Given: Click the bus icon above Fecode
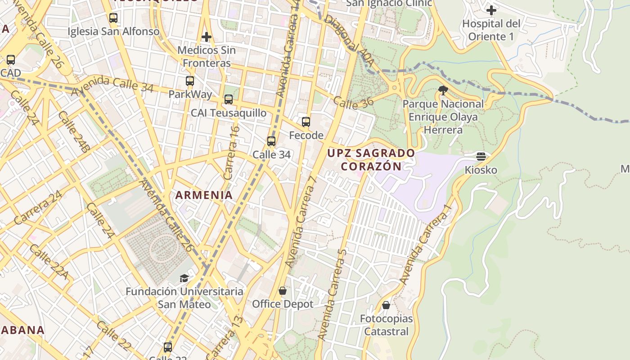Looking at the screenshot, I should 306,121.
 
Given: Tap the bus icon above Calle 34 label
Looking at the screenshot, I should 271,141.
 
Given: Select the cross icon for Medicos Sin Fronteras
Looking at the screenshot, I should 207,36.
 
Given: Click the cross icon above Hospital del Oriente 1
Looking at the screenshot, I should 491,9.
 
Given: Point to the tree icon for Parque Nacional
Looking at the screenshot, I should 443,90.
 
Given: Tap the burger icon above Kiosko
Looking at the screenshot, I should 481,157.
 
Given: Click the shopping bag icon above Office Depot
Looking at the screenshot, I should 283,291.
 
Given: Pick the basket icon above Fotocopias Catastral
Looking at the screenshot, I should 386,305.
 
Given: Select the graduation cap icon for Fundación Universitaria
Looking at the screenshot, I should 184,278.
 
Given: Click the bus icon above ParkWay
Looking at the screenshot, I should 190,81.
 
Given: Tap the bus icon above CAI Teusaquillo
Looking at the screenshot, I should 229,99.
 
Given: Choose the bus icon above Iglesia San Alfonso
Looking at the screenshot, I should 113,18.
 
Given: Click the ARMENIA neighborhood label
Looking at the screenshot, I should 204,195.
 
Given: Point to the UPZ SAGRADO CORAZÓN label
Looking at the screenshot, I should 371,159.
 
